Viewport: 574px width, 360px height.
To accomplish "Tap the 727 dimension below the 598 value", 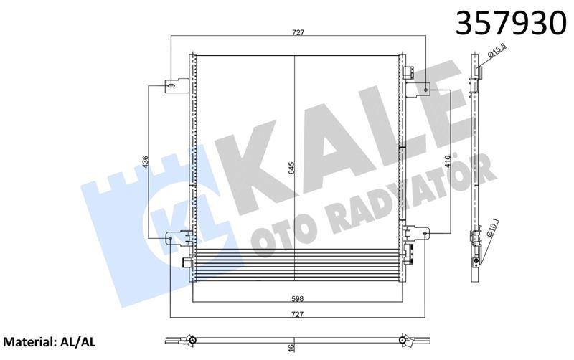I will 297,313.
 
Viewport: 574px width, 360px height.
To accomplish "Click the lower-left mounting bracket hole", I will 171,240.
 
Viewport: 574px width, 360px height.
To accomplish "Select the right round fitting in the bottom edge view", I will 405,339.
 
